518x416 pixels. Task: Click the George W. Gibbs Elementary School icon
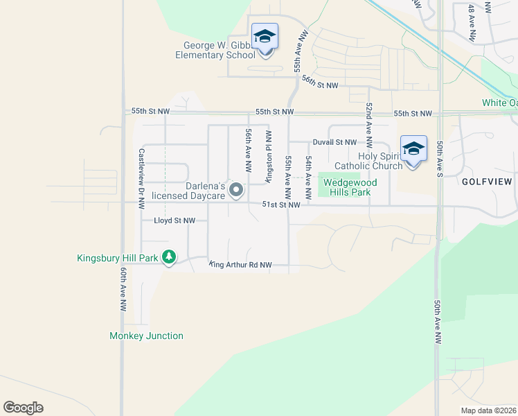click(265, 35)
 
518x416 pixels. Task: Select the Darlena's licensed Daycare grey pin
click(236, 189)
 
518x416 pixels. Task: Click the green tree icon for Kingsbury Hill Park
click(169, 257)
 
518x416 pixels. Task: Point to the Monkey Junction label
click(146, 336)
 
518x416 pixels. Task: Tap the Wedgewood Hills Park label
click(350, 187)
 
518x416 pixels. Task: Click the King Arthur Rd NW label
click(240, 265)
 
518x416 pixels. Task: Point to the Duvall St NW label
click(334, 142)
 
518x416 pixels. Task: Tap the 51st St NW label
click(281, 205)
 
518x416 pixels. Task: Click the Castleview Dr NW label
click(141, 178)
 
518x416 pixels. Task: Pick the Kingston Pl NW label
click(268, 156)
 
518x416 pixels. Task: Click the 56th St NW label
click(319, 81)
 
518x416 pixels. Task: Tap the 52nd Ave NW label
click(369, 125)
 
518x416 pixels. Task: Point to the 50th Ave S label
click(440, 159)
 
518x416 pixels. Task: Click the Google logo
click(24, 408)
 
